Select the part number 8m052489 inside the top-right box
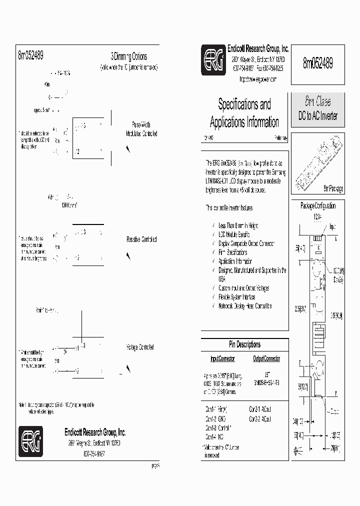coord(317,63)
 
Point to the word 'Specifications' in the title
coord(244,104)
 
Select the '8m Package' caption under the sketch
coord(333,188)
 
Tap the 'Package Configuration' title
coord(317,206)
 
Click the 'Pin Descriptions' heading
coord(244,344)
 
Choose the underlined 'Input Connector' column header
coord(222,358)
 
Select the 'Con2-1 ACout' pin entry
coord(260,408)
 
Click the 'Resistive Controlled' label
coord(141,239)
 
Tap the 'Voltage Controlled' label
coord(140,347)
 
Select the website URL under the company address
coord(257,79)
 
